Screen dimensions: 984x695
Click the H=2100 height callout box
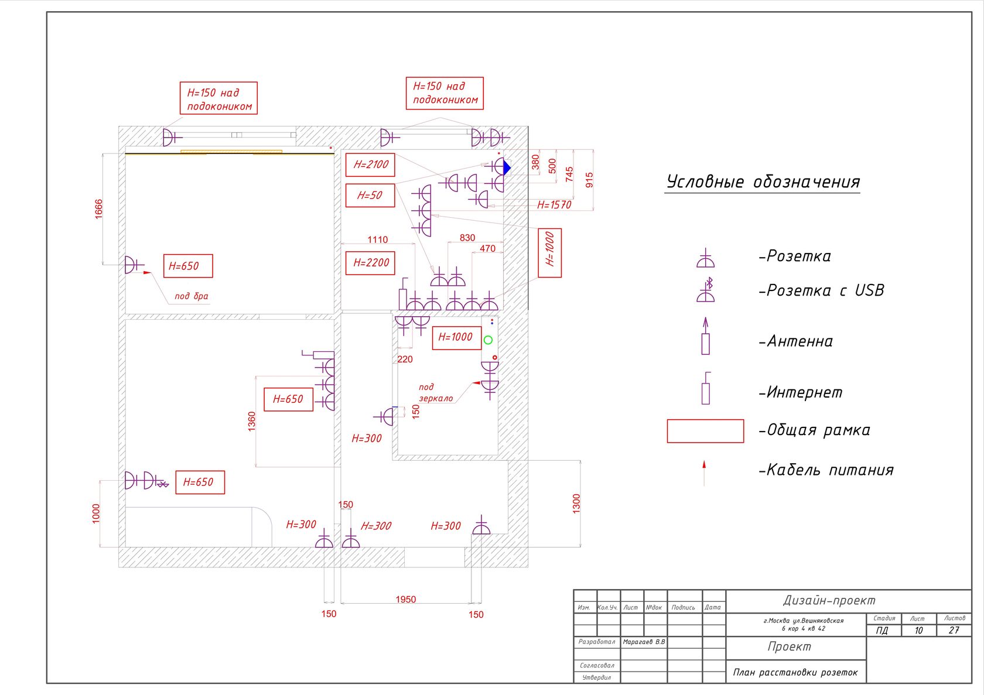point(370,165)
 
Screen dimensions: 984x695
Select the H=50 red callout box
point(370,196)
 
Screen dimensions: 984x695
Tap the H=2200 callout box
point(370,263)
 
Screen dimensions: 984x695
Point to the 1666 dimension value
point(98,209)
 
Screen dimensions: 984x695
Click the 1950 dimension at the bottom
point(405,600)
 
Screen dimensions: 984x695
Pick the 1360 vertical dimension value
point(252,422)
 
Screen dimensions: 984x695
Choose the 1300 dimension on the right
point(576,504)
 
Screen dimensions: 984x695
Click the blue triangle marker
point(507,168)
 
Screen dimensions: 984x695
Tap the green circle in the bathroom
point(488,340)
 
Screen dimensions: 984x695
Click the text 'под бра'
point(192,296)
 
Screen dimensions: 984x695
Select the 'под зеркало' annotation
point(435,393)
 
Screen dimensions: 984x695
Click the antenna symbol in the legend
point(705,337)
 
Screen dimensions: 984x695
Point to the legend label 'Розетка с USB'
point(821,290)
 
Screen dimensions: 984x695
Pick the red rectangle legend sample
point(705,431)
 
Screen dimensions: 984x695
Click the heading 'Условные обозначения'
point(763,182)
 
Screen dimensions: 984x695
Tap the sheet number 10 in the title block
point(918,631)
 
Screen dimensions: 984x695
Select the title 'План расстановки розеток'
point(795,673)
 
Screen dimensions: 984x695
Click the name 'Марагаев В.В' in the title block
point(644,642)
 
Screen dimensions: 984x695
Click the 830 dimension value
point(467,238)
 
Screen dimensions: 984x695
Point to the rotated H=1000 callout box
point(549,252)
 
